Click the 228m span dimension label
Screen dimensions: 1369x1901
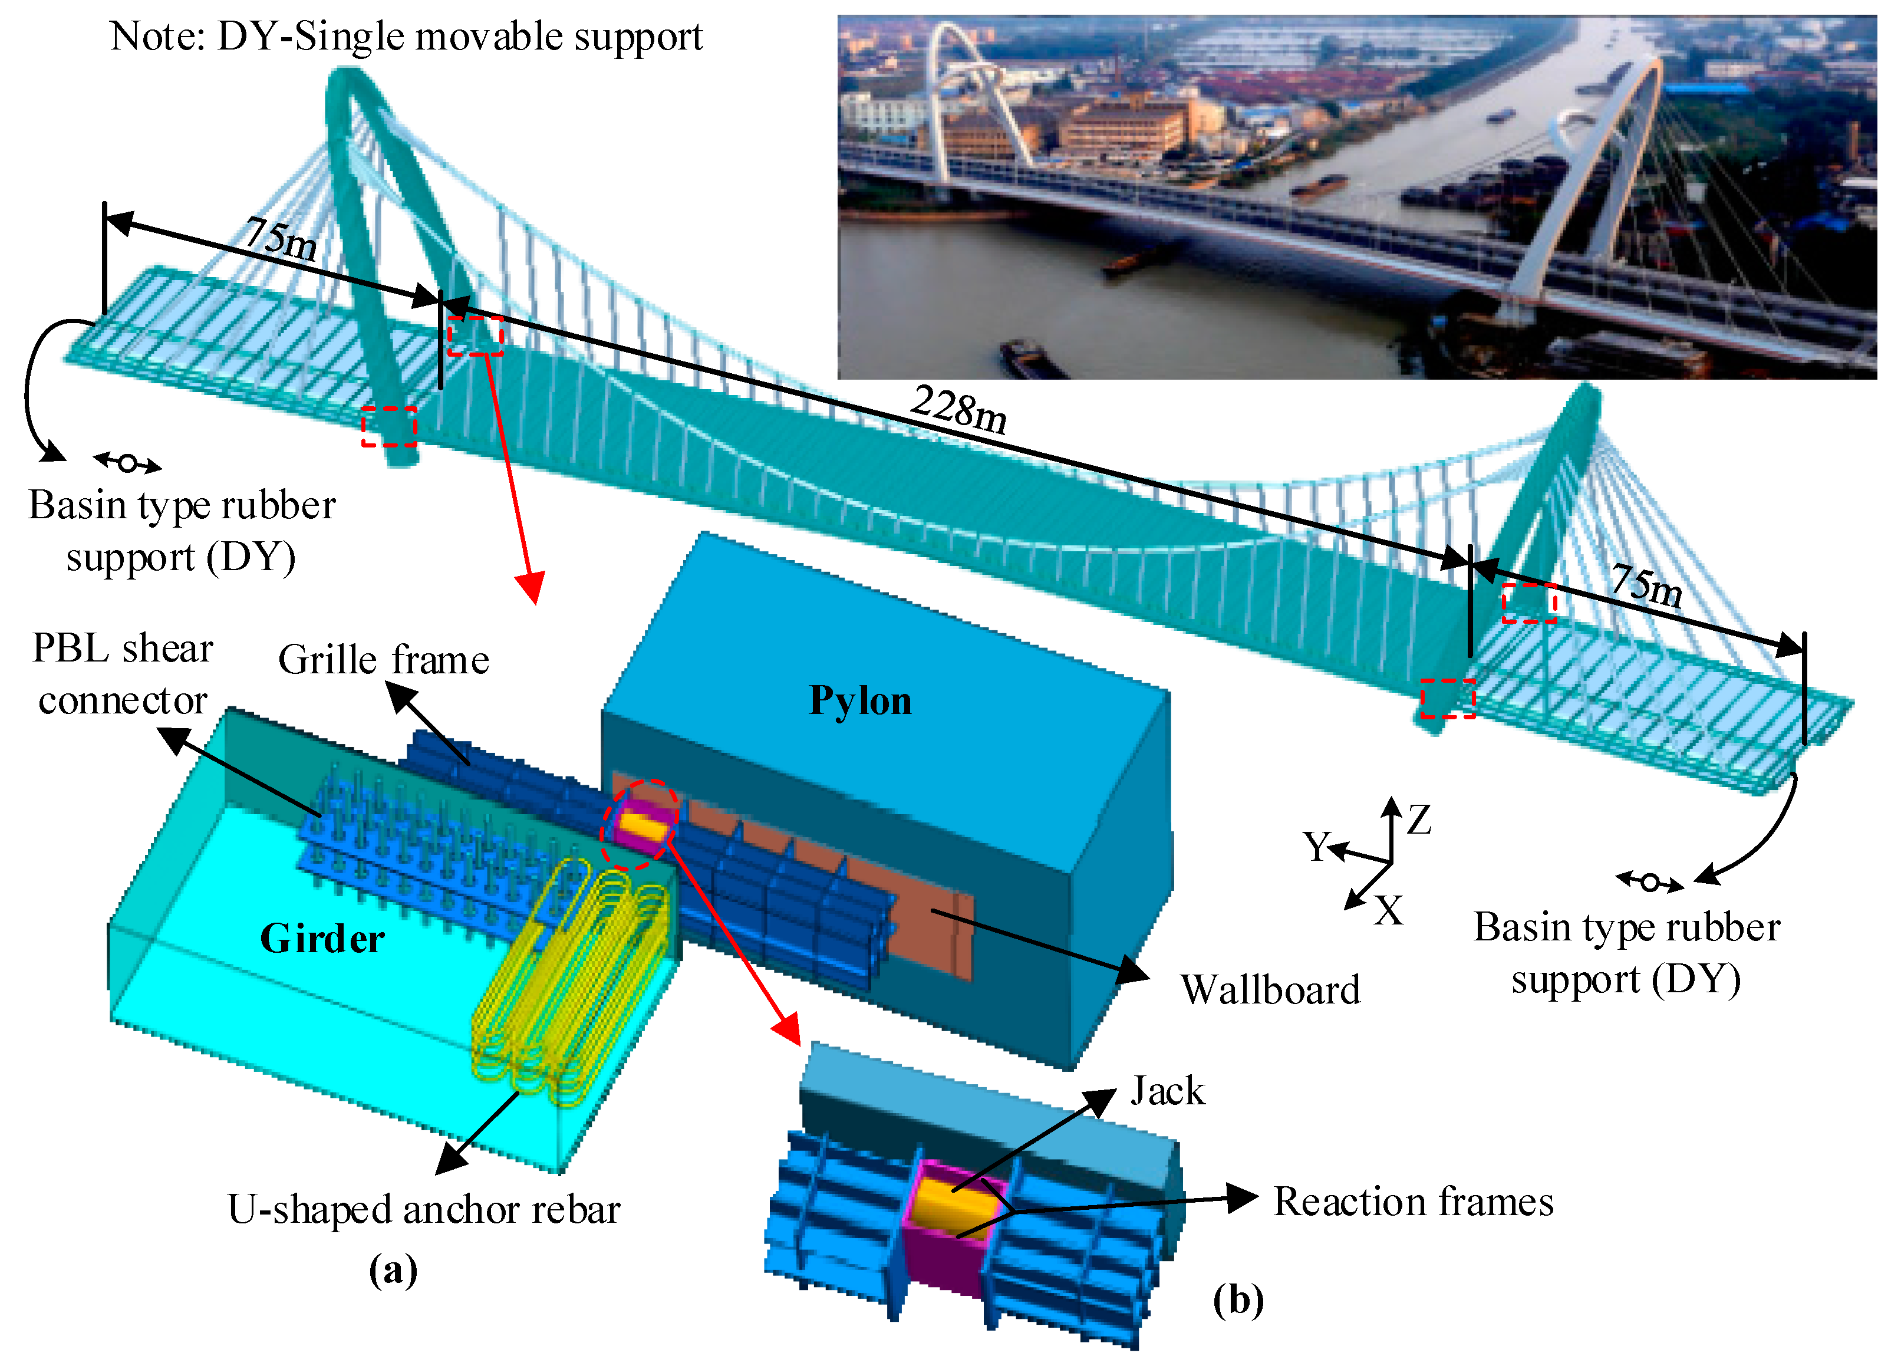click(959, 410)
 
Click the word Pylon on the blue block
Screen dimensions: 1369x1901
click(860, 701)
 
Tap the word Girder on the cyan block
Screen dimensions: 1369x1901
click(322, 938)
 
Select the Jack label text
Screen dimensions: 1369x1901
click(1168, 1091)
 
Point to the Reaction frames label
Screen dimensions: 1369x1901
click(1413, 1202)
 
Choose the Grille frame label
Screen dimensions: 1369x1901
click(384, 660)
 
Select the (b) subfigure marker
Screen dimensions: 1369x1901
click(1238, 1299)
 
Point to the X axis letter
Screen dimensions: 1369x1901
click(1389, 910)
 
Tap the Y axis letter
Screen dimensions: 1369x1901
click(1316, 847)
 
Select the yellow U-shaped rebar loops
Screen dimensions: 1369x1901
click(570, 981)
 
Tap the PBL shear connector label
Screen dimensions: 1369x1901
click(123, 674)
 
